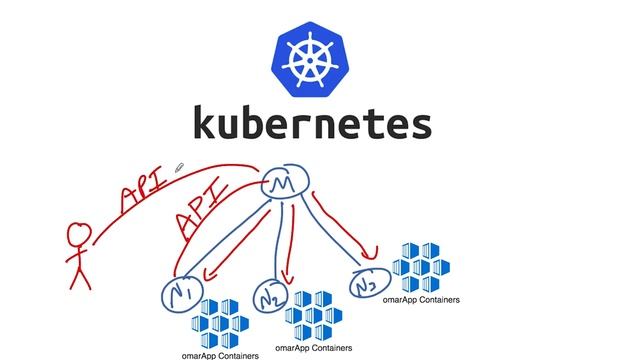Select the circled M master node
[x=286, y=184]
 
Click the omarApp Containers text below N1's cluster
[x=220, y=354]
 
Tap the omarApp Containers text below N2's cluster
[x=319, y=347]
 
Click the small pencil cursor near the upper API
[x=181, y=169]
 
